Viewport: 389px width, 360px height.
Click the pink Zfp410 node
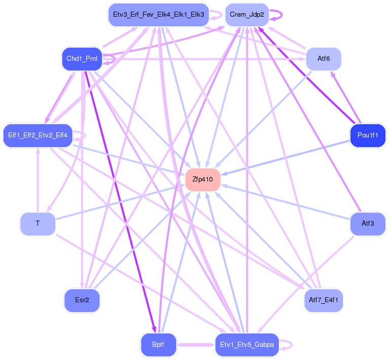click(x=203, y=179)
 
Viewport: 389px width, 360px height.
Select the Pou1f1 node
click(x=368, y=135)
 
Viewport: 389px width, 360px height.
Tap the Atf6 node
click(x=324, y=59)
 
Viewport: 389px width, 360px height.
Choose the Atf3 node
click(x=368, y=224)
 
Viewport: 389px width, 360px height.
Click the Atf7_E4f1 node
click(x=323, y=300)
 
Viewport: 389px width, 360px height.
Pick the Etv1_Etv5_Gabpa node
click(x=247, y=345)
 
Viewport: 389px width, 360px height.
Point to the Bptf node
click(x=158, y=345)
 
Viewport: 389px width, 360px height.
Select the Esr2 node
click(x=82, y=300)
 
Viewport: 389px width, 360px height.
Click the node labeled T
click(x=38, y=224)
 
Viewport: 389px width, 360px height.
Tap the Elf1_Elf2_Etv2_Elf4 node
click(x=38, y=135)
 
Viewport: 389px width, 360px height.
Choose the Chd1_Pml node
click(x=82, y=59)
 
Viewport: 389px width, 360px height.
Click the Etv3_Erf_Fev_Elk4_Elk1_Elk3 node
click(x=159, y=15)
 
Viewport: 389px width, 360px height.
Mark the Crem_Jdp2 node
click(x=247, y=15)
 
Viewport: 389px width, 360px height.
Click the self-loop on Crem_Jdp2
click(x=281, y=15)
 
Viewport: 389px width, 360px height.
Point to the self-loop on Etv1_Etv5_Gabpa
click(x=292, y=345)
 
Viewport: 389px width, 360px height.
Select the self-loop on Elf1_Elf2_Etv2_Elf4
click(x=85, y=135)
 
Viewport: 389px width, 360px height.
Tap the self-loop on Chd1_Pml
click(x=115, y=59)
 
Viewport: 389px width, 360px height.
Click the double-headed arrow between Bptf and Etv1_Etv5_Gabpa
click(x=196, y=345)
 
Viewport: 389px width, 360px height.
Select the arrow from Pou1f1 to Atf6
click(x=345, y=97)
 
